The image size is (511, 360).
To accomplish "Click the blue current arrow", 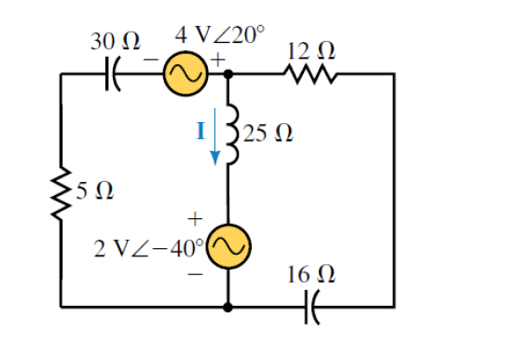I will click(x=216, y=136).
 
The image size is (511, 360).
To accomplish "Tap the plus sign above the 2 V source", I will click(x=195, y=218).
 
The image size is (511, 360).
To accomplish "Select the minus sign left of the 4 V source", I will click(x=151, y=60).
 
